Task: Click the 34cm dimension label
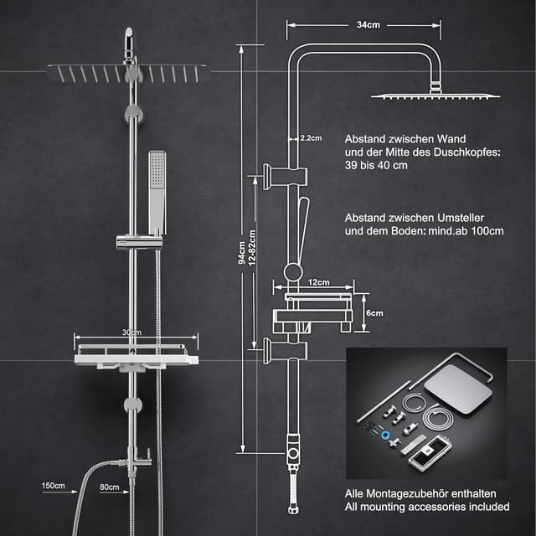coord(368,25)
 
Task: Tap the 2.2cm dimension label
coord(311,138)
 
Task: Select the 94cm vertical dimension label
coord(242,251)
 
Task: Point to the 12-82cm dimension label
coord(252,251)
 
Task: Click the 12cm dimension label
coord(319,282)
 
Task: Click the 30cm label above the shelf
coord(131,332)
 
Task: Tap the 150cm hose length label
coord(54,485)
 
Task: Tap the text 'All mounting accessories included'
coord(427,507)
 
